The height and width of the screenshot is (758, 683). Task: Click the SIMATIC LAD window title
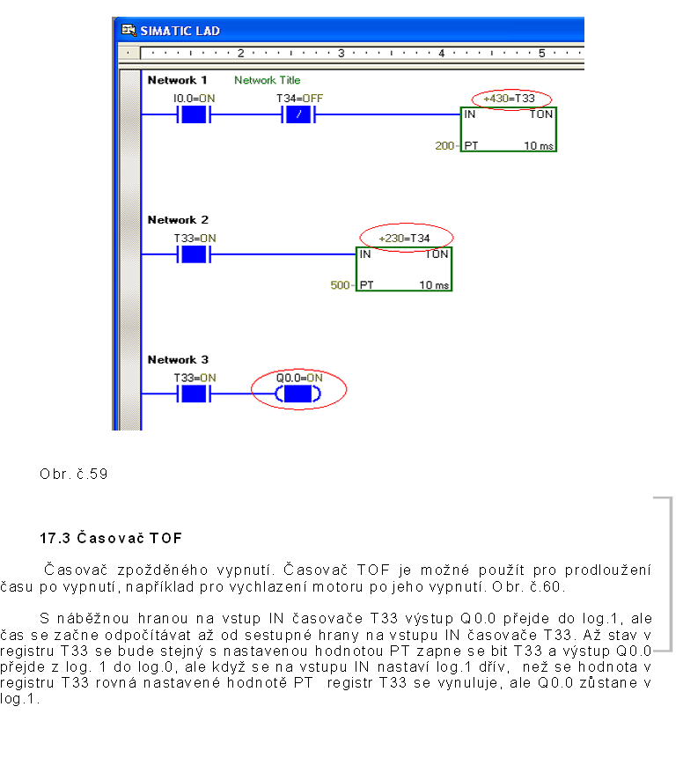(x=180, y=31)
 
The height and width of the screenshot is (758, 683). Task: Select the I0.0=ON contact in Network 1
(x=193, y=114)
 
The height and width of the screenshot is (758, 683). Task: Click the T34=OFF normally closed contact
(x=299, y=114)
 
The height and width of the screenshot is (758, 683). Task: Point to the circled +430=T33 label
(x=510, y=99)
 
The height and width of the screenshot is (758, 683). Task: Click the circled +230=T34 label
(x=406, y=238)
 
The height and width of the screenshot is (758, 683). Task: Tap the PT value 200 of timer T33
(x=444, y=145)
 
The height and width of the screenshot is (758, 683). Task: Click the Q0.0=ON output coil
(x=298, y=394)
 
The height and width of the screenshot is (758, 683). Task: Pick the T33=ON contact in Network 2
(x=194, y=254)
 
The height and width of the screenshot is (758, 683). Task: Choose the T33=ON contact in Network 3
(x=194, y=394)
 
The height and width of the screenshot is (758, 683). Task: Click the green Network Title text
(x=267, y=80)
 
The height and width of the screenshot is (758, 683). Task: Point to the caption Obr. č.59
(x=73, y=474)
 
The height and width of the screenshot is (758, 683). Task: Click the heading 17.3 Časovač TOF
(x=110, y=537)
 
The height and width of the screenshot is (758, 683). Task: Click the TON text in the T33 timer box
(x=541, y=114)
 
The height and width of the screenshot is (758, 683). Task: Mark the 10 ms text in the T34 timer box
(x=434, y=285)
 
